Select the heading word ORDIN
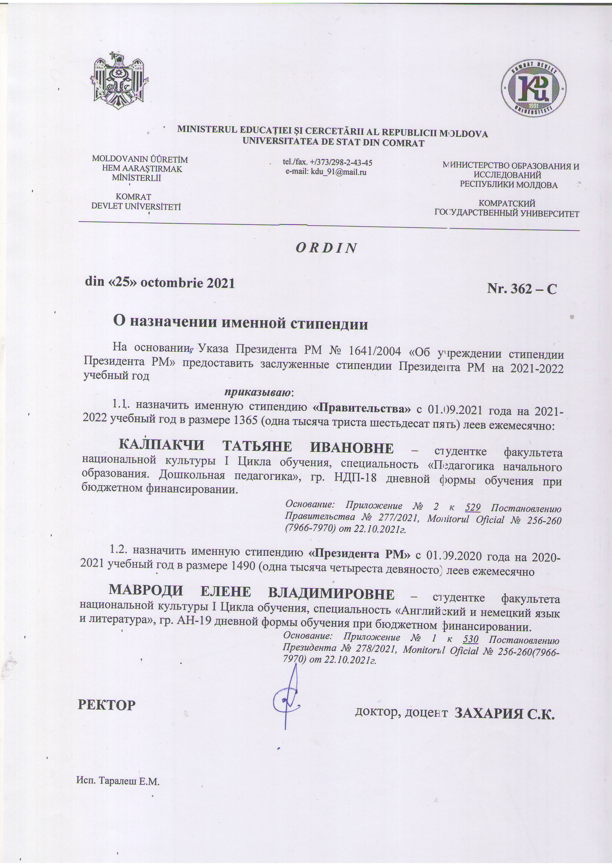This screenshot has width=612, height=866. (x=326, y=248)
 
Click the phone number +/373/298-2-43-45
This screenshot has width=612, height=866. (x=341, y=163)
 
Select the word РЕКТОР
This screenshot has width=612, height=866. (x=106, y=705)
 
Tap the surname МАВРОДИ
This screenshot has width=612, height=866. (x=146, y=590)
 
